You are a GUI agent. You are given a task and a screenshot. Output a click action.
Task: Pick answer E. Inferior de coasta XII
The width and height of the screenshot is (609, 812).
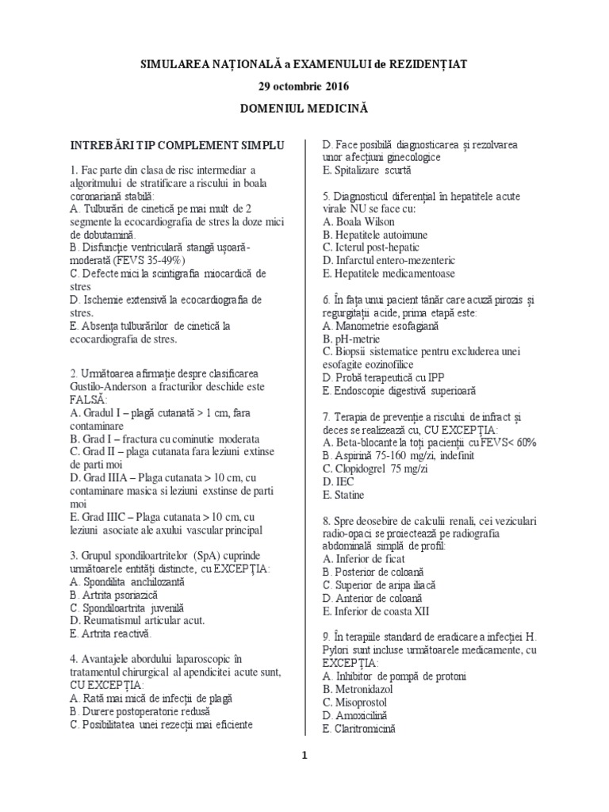tap(377, 611)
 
